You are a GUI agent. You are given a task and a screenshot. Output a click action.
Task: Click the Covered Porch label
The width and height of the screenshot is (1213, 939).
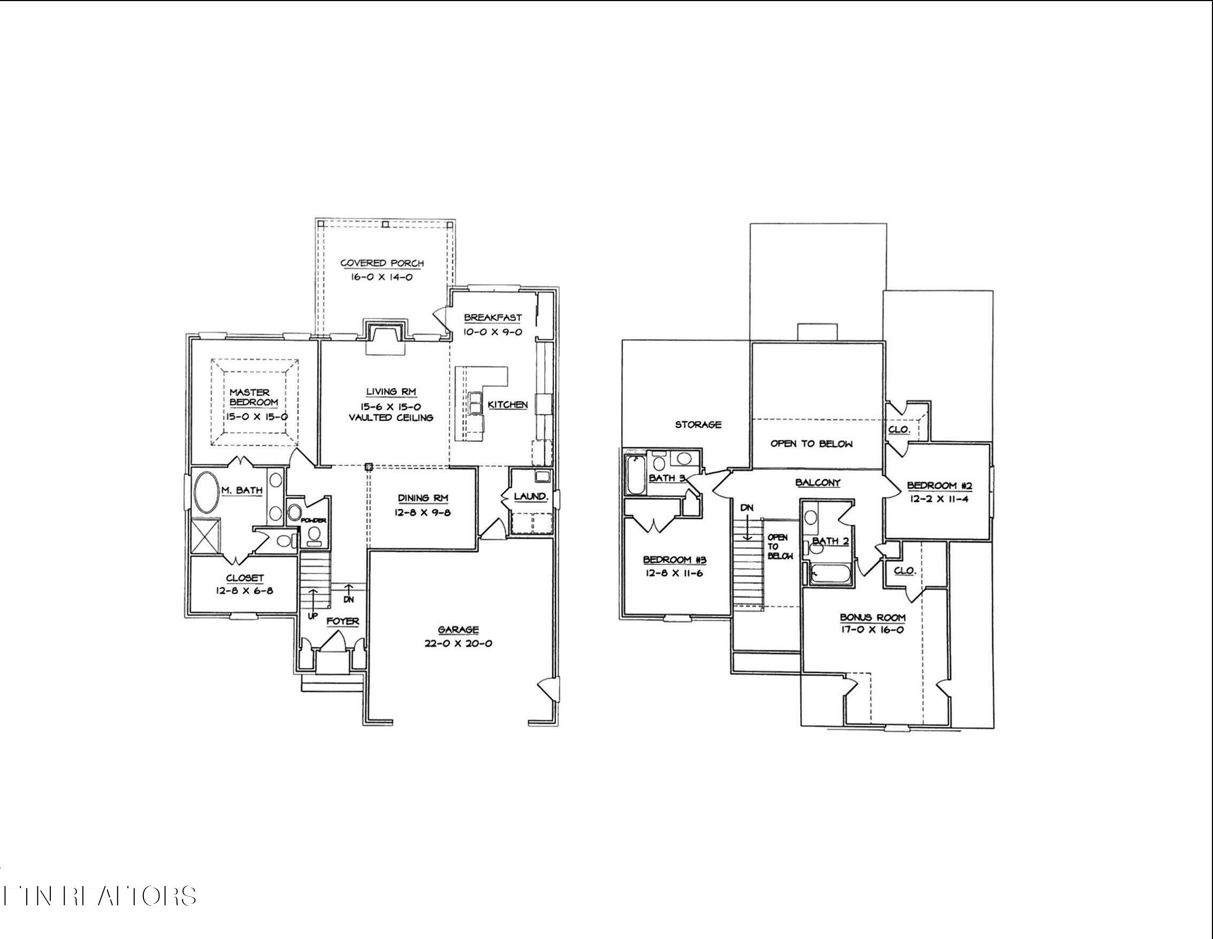click(382, 263)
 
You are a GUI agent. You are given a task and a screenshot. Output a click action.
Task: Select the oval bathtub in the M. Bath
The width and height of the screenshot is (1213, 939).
click(207, 493)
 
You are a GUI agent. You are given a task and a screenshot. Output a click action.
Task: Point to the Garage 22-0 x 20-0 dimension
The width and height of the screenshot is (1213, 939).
click(458, 644)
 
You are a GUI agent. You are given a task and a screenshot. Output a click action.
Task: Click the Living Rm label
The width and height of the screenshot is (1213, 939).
click(391, 392)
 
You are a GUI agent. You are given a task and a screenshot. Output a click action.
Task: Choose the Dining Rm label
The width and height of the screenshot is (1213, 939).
click(423, 498)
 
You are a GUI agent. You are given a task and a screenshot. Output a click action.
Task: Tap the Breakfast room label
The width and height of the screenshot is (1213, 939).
click(493, 318)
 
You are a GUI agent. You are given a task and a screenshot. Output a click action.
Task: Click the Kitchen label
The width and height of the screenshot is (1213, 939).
click(508, 405)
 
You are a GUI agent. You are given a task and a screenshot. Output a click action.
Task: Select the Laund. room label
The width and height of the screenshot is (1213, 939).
click(530, 497)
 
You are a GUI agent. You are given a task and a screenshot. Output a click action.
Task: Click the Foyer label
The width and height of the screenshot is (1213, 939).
click(342, 621)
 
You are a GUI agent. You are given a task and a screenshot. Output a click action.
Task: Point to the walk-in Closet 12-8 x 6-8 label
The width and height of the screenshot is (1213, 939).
click(245, 578)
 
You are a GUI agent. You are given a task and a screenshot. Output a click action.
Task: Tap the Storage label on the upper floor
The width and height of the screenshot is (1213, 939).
click(698, 424)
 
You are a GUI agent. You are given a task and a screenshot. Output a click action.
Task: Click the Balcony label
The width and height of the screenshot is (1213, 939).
click(818, 483)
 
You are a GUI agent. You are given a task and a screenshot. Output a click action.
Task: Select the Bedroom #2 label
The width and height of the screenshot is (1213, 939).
click(939, 486)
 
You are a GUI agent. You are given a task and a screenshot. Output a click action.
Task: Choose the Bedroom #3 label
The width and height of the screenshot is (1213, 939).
click(674, 560)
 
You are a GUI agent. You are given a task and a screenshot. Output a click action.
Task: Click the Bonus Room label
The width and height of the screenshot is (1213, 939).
click(872, 617)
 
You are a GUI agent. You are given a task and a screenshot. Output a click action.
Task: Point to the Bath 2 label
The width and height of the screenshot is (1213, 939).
click(830, 541)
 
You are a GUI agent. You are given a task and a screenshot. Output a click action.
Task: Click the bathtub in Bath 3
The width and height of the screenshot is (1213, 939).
click(635, 475)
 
